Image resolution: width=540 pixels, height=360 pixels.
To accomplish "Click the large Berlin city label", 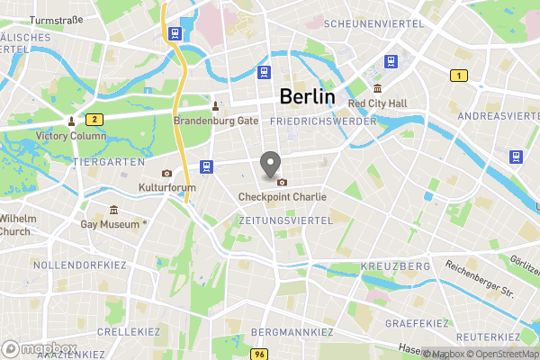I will click(307, 97).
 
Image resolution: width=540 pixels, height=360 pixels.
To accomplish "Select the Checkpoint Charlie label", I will click(283, 196).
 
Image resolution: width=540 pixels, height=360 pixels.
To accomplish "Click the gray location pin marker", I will click(269, 166).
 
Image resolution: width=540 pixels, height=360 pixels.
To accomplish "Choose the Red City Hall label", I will click(377, 103).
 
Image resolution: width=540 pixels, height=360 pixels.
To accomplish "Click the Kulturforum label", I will click(166, 187).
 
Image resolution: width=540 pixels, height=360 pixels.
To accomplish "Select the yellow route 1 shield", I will click(459, 76).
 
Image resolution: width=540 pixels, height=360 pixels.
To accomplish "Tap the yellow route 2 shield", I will click(93, 119).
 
